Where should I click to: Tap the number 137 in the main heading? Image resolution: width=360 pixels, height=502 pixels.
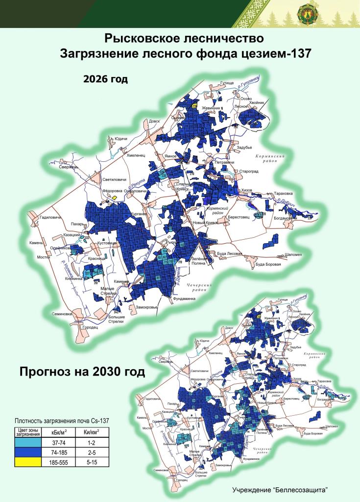pyautogui.click(x=296, y=53)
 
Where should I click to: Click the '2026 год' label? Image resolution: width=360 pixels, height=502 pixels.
pyautogui.click(x=105, y=79)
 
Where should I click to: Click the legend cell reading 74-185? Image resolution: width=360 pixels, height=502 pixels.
pyautogui.click(x=59, y=452)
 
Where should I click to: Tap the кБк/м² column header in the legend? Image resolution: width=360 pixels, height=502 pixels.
pyautogui.click(x=59, y=432)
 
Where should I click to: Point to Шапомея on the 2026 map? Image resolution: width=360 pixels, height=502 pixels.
pyautogui.click(x=293, y=254)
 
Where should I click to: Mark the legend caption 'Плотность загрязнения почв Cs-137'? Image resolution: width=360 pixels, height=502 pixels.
pyautogui.click(x=61, y=420)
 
